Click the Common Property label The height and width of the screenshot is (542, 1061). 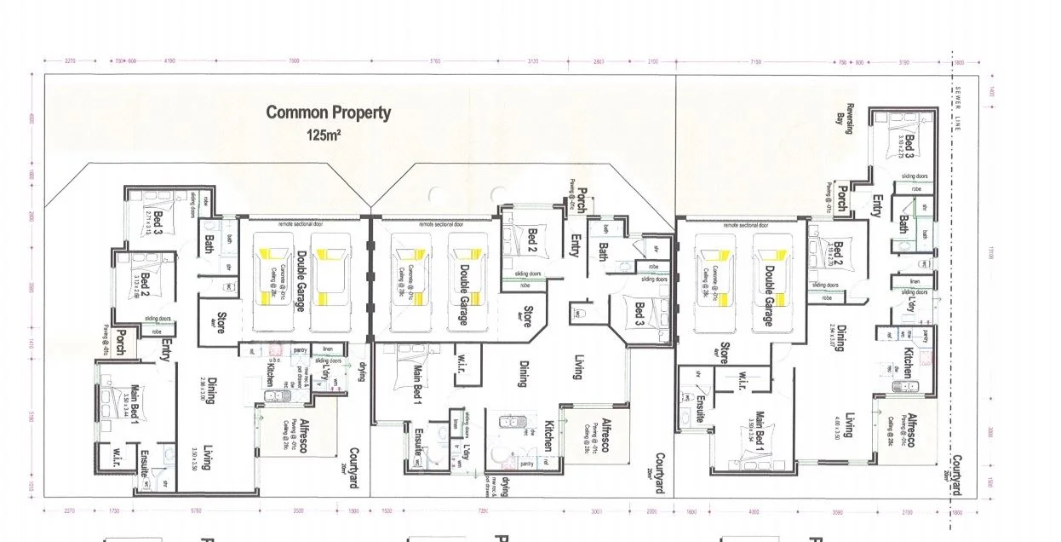pos(328,112)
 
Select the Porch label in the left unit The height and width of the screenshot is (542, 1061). pos(123,341)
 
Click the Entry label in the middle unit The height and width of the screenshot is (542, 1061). pos(575,245)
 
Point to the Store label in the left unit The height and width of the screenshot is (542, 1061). pos(220,324)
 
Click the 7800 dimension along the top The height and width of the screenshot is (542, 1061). pos(294,61)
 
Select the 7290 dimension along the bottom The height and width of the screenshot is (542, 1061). pos(482,513)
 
